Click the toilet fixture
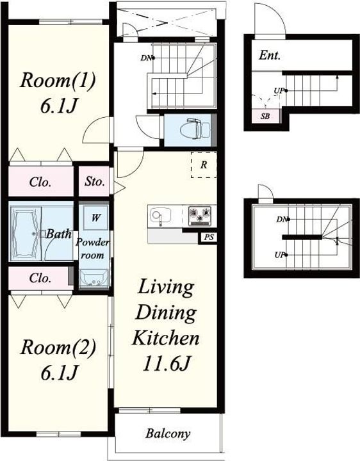pyautogui.click(x=195, y=129)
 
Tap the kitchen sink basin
pyautogui.click(x=160, y=214)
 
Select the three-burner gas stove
pyautogui.click(x=200, y=216)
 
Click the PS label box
pyautogui.click(x=209, y=238)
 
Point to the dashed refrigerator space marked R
pyautogui.click(x=204, y=165)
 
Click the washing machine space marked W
pyautogui.click(x=95, y=218)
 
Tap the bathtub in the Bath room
pyautogui.click(x=25, y=234)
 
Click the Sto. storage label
pyautogui.click(x=95, y=182)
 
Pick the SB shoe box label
pyautogui.click(x=265, y=116)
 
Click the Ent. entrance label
pyautogui.click(x=270, y=55)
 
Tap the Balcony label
pyautogui.click(x=168, y=433)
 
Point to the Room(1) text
pyautogui.click(x=58, y=80)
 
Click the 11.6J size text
pyautogui.click(x=166, y=364)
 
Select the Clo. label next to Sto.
pyautogui.click(x=40, y=182)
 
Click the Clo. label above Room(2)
pyautogui.click(x=40, y=278)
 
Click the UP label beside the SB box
pyautogui.click(x=280, y=91)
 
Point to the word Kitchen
pyautogui.click(x=166, y=338)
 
